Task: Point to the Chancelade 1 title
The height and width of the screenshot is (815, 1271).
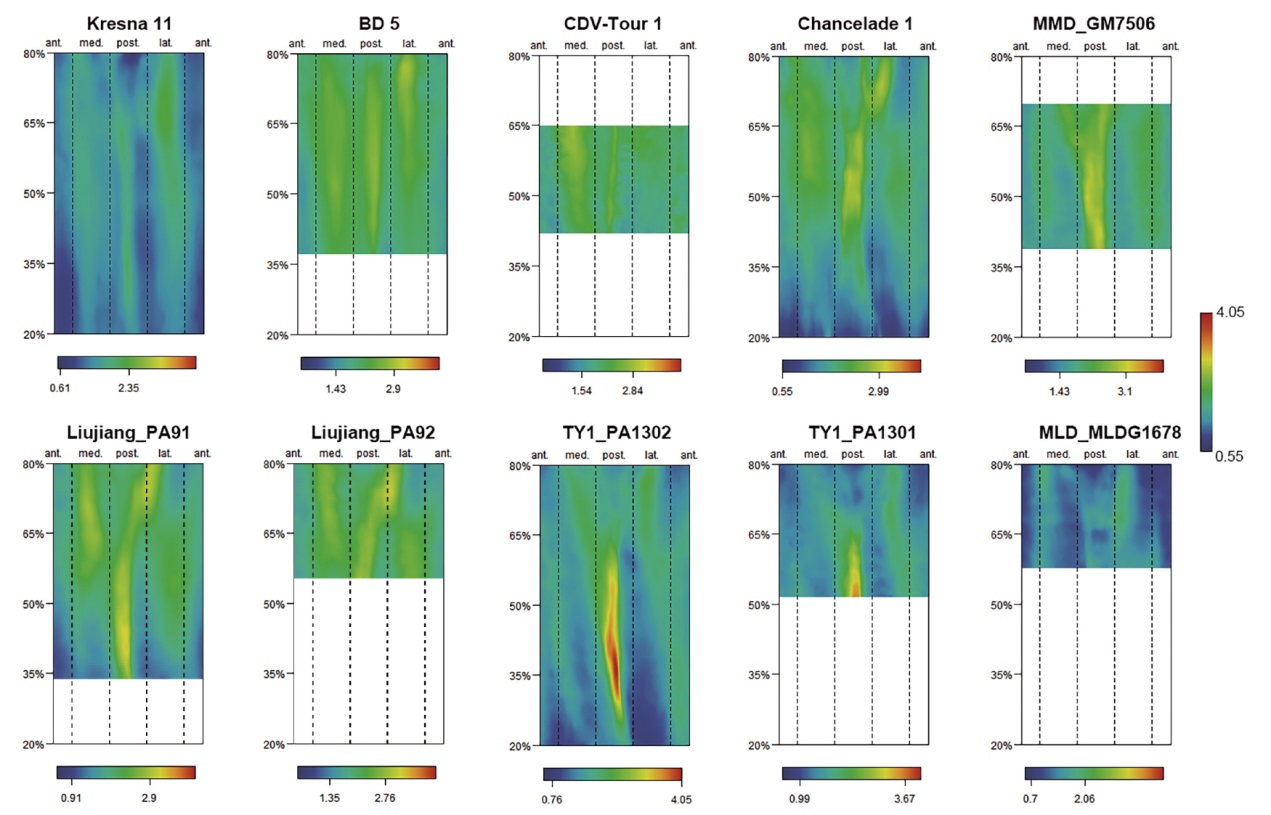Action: point(853,23)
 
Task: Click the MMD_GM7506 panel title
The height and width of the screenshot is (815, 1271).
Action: point(1095,23)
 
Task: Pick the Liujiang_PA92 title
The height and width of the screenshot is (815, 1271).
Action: point(371,432)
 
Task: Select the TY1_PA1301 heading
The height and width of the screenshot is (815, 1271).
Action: point(853,433)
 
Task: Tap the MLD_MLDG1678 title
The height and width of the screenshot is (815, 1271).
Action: point(1095,433)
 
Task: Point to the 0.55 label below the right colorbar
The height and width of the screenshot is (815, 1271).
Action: point(1231,456)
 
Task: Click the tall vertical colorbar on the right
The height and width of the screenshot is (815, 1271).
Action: point(1206,382)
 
